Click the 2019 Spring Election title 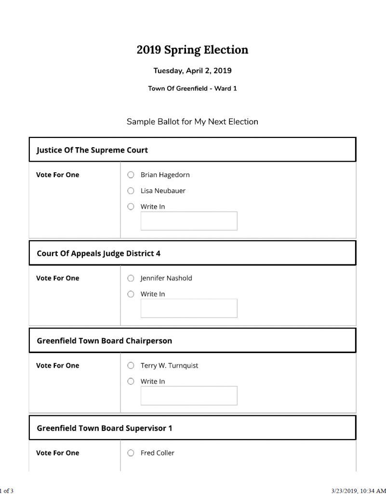coord(192,50)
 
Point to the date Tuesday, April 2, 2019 coord(192,70)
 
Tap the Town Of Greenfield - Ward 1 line coord(192,88)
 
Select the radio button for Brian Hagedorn coord(131,175)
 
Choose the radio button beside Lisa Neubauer coord(131,191)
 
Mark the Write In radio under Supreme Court coord(131,206)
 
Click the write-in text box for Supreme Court coord(188,221)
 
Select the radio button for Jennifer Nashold coord(131,278)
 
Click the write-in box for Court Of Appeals coord(188,308)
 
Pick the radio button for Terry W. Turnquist coord(131,365)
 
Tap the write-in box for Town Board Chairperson coord(188,396)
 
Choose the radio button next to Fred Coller coord(131,453)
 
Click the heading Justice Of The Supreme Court coord(92,150)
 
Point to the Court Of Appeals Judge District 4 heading coord(98,253)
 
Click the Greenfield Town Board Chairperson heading coord(104,341)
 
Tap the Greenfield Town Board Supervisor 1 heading coord(104,428)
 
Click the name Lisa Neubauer coord(163,191)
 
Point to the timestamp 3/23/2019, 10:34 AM coord(359,490)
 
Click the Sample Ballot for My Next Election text coord(192,122)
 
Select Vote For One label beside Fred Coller coord(57,453)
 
